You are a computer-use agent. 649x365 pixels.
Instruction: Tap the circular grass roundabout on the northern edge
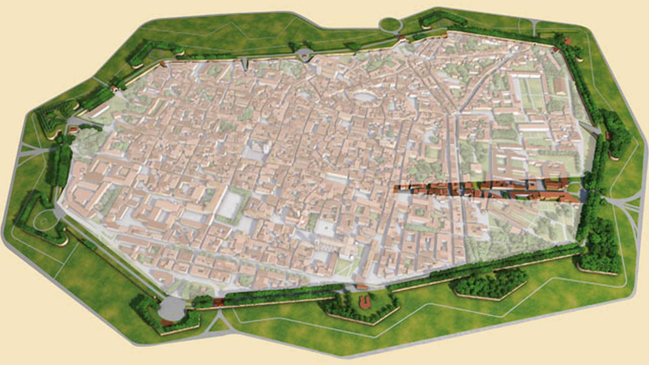tap(390, 25)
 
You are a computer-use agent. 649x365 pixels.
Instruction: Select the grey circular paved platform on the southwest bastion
tap(172, 309)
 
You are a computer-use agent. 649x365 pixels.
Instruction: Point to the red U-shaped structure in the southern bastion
tap(365, 302)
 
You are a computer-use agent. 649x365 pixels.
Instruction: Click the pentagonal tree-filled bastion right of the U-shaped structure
tap(490, 284)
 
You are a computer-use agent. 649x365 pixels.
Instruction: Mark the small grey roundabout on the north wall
tap(304, 54)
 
